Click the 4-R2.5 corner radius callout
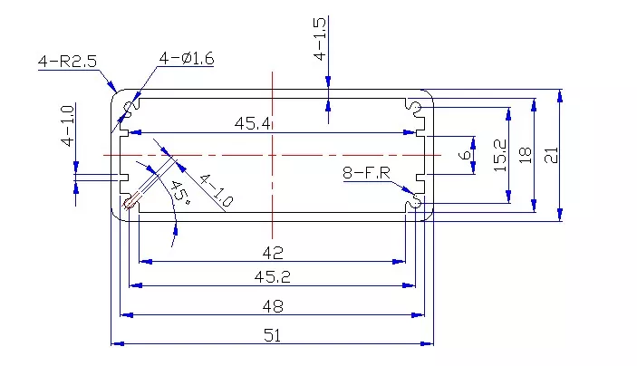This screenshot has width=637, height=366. [67, 62]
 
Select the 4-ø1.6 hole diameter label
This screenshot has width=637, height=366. [187, 59]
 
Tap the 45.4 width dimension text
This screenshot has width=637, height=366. [252, 123]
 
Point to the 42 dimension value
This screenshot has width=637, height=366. [273, 253]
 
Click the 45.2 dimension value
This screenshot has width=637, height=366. [272, 277]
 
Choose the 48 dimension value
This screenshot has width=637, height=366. [273, 306]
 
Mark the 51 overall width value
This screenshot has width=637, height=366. [272, 335]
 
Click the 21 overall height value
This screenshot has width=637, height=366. [551, 155]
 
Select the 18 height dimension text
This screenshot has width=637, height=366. [526, 155]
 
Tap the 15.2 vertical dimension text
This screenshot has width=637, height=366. [499, 155]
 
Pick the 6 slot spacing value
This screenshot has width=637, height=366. [464, 155]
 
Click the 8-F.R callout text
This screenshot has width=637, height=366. [366, 173]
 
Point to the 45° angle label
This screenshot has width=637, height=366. [180, 193]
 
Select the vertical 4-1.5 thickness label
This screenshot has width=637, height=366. [320, 39]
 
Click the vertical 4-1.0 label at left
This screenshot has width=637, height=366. [67, 126]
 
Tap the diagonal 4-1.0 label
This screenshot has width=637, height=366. [216, 190]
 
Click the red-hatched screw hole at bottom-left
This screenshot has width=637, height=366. [130, 203]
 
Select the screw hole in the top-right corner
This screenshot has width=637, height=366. [415, 107]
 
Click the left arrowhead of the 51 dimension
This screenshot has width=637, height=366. [117, 343]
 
